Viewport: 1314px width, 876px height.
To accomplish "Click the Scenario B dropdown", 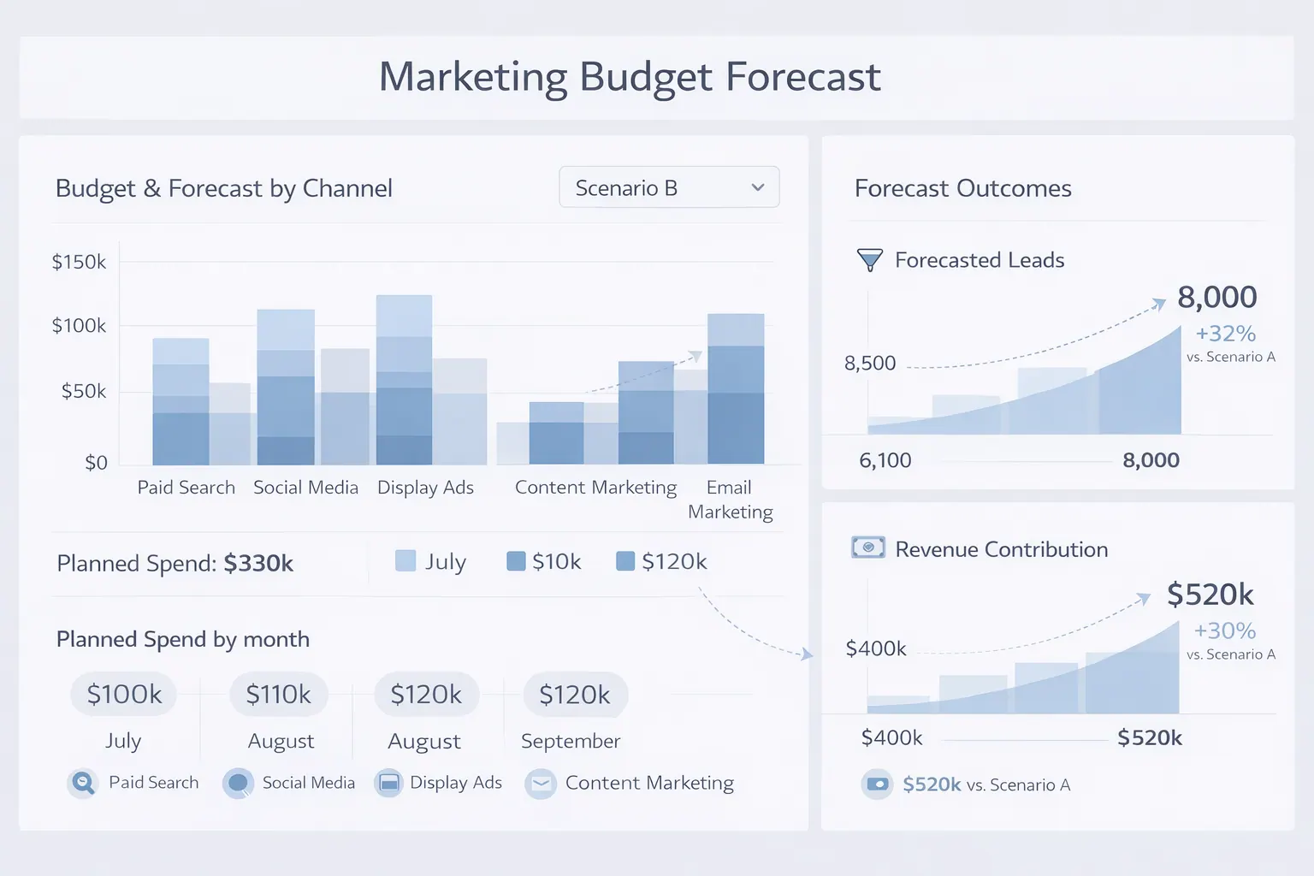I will [669, 187].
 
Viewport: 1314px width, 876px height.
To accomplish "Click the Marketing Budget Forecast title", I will [630, 77].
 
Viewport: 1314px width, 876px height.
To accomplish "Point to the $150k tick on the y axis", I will [79, 262].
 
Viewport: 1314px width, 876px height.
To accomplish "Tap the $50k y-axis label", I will [84, 392].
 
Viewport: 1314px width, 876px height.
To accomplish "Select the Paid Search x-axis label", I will [186, 488].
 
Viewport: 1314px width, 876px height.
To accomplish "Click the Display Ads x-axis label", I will [425, 488].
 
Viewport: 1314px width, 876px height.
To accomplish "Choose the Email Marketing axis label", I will [730, 500].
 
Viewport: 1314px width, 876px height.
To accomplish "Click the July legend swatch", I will [405, 561].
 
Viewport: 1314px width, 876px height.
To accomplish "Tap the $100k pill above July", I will [124, 694].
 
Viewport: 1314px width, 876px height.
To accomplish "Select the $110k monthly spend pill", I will [279, 694].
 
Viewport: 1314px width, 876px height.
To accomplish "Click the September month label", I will [571, 741].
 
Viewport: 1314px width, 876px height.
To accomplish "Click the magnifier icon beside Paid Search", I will [82, 783].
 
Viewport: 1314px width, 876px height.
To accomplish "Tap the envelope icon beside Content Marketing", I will [541, 784].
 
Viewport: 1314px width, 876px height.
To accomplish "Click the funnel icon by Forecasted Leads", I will [869, 260].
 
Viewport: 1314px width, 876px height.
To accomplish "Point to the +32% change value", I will [1225, 334].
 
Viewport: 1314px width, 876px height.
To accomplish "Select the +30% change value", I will [1225, 631].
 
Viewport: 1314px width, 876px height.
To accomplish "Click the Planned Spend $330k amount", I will [258, 564].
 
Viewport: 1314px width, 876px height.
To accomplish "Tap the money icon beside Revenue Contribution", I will [868, 547].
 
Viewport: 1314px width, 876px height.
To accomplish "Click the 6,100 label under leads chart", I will [885, 460].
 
